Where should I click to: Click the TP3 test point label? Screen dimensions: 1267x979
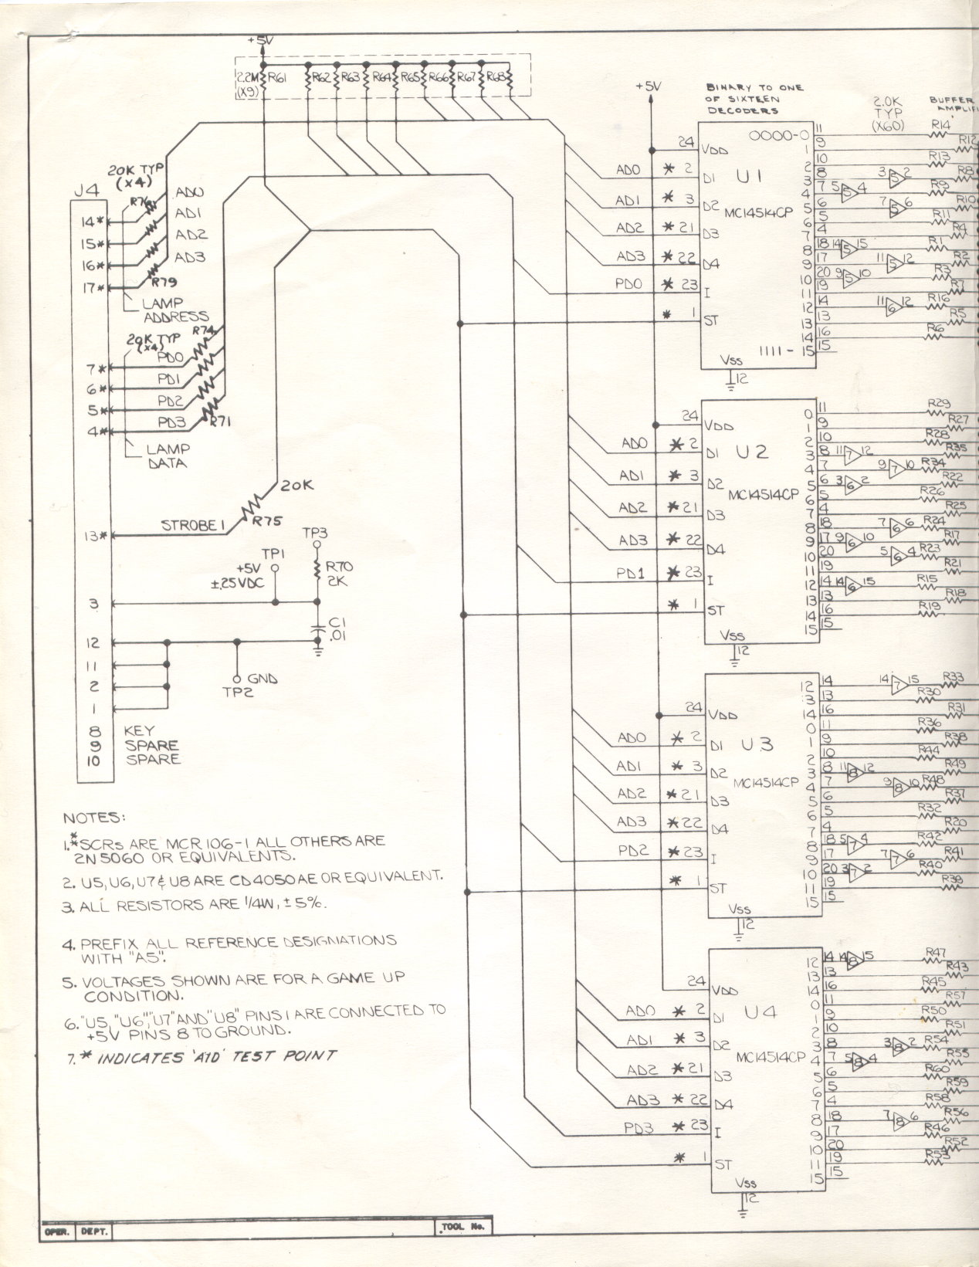315,534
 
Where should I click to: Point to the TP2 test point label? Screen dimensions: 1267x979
238,692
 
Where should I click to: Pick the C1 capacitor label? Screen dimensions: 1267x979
335,623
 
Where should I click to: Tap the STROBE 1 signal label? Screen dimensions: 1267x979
192,526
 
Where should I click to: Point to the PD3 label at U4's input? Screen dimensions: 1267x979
639,1128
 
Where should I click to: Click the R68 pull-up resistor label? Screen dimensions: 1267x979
498,77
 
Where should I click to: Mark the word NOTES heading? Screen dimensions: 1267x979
92,818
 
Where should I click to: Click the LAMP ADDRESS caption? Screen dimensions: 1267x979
174,310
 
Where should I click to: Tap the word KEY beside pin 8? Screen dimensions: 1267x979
139,730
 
